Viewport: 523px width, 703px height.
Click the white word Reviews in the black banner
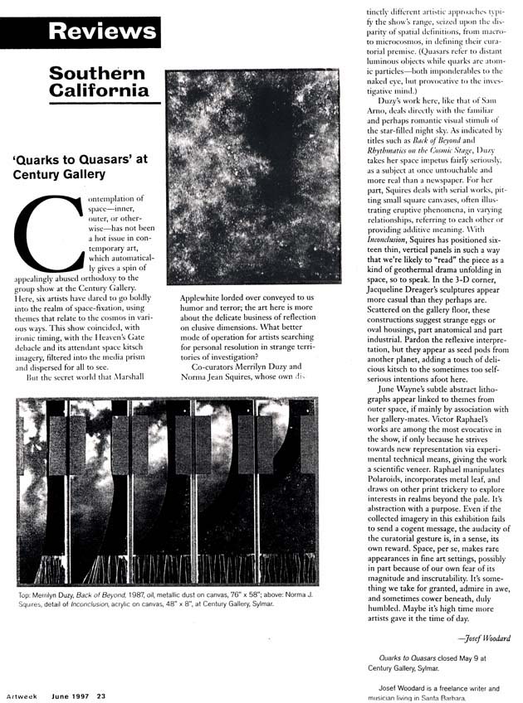[102, 32]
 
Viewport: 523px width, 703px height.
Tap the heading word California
[99, 90]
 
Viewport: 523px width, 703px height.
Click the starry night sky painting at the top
[252, 177]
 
